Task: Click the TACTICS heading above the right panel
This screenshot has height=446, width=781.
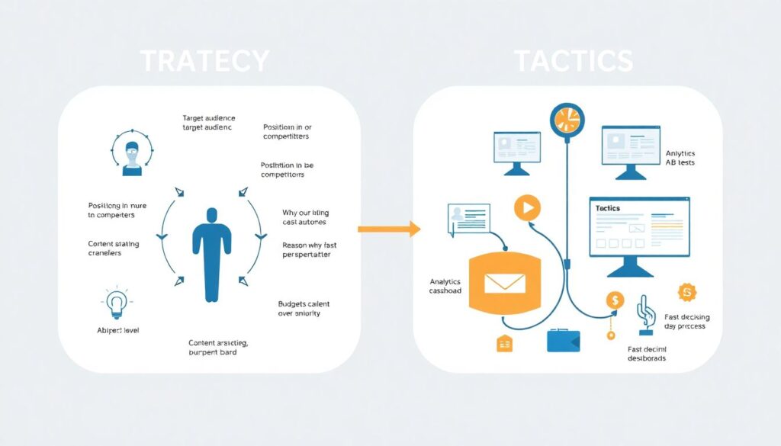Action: click(x=573, y=61)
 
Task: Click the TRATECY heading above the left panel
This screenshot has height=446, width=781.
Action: click(x=205, y=61)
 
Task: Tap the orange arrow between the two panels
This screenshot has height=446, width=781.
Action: click(x=389, y=228)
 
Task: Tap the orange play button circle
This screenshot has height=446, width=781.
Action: click(x=527, y=207)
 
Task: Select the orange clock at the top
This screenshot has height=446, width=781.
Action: click(x=566, y=120)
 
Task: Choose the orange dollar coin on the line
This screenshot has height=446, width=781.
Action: click(x=615, y=300)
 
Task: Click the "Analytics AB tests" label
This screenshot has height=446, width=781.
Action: click(x=680, y=158)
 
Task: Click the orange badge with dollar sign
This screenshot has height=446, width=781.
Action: click(x=687, y=292)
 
